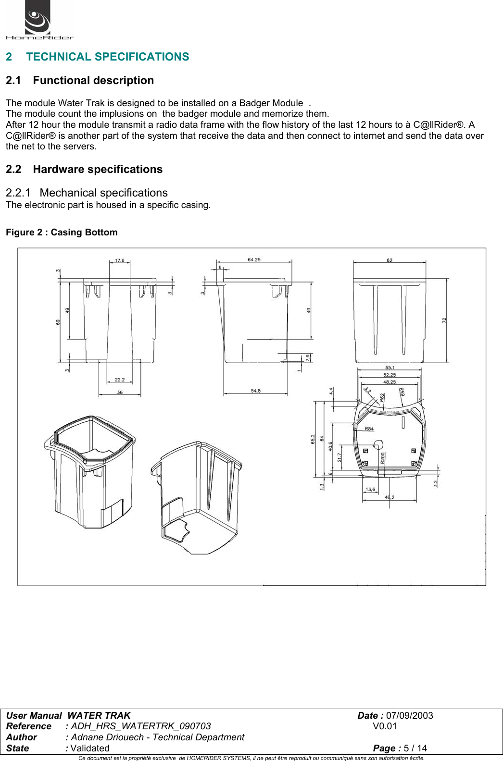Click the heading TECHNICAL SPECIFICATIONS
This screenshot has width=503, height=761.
[107, 57]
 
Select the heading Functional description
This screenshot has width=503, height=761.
[93, 80]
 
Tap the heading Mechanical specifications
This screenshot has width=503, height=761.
[103, 193]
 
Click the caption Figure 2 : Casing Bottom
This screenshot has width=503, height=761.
[62, 232]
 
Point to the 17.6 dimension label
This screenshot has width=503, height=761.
[119, 260]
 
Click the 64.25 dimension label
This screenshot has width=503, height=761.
[254, 259]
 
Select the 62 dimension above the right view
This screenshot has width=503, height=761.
[390, 260]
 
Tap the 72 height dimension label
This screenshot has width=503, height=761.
[444, 320]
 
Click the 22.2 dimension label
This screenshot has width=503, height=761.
[120, 380]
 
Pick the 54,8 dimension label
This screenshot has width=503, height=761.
[255, 391]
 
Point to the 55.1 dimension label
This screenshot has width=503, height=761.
[390, 368]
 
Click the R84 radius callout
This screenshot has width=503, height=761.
[369, 429]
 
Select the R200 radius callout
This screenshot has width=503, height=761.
[383, 457]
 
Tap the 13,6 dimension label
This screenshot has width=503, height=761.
[370, 490]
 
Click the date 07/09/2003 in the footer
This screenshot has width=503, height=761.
[409, 715]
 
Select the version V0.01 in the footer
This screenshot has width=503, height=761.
[385, 726]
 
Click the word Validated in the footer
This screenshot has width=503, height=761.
[90, 748]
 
